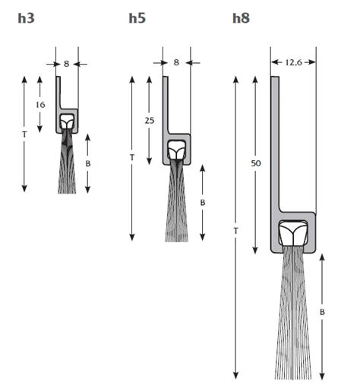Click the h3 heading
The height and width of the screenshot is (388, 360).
tap(26, 18)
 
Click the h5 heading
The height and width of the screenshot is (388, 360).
tap(137, 18)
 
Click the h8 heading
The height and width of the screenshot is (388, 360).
tap(241, 18)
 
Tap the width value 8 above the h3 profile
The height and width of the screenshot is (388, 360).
tap(66, 64)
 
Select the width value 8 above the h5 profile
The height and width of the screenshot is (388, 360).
tap(176, 62)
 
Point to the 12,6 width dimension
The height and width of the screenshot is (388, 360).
tap(293, 62)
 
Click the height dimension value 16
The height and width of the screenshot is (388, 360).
tap(40, 105)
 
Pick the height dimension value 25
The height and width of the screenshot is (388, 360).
tap(150, 121)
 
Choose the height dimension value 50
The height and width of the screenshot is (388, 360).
tap(256, 163)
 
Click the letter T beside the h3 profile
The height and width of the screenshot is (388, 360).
tap(24, 135)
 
